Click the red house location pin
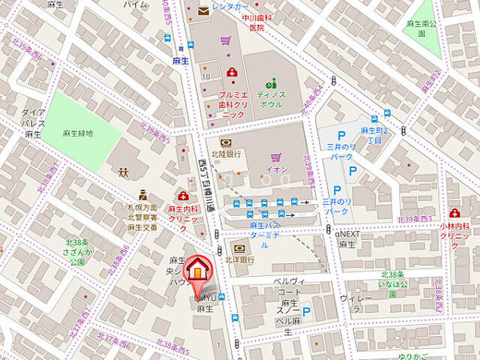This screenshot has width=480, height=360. [197, 272]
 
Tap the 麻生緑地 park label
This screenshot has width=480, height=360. [78, 133]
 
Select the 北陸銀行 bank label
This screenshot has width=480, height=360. [225, 154]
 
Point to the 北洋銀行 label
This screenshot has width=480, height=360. [239, 259]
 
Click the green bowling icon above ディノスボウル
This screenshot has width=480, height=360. [271, 83]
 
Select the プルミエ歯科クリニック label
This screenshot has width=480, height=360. [232, 104]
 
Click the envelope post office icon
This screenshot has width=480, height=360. [204, 10]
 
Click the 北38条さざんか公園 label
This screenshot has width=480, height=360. [75, 252]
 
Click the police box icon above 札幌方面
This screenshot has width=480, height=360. [142, 195]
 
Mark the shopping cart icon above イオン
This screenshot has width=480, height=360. [276, 157]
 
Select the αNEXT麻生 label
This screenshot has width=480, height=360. [347, 239]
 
